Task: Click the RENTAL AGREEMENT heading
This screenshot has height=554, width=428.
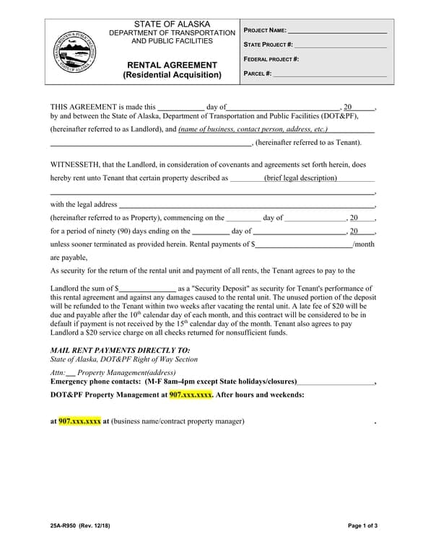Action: click(x=172, y=65)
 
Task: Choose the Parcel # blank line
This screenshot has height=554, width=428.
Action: click(x=330, y=73)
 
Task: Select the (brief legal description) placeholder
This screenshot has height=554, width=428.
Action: click(x=300, y=177)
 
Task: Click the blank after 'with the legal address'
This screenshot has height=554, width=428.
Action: click(x=245, y=204)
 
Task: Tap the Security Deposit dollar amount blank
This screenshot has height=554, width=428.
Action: click(x=147, y=288)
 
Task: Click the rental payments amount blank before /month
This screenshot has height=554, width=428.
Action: click(x=304, y=244)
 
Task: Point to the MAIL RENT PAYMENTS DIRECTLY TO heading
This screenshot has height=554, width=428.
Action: click(x=120, y=349)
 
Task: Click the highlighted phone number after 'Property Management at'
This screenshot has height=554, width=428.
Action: click(x=191, y=395)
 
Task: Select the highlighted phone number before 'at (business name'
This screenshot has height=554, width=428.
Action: click(x=79, y=421)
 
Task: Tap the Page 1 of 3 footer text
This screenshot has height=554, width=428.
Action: click(x=362, y=526)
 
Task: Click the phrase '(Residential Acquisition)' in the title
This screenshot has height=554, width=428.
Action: click(x=172, y=75)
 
